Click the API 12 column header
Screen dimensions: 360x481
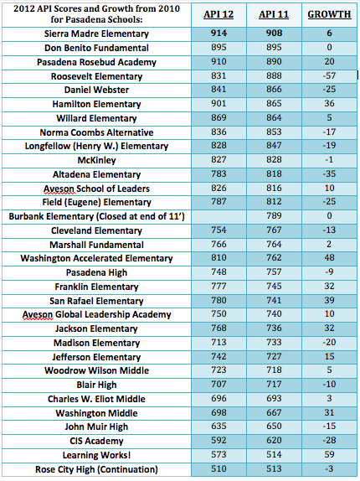point(219,14)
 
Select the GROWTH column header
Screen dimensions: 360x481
point(329,14)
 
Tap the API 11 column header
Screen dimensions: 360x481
point(274,14)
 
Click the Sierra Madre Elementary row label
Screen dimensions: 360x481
point(96,34)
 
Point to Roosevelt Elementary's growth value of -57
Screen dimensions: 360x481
point(329,75)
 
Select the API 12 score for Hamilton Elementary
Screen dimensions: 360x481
point(219,104)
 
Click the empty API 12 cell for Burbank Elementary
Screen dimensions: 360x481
point(219,216)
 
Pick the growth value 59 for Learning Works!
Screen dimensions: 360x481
point(329,454)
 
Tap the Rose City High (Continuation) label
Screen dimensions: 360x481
point(96,469)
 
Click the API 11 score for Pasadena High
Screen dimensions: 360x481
point(274,272)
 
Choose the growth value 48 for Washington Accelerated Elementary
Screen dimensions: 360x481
point(329,258)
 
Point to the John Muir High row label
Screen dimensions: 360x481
point(96,427)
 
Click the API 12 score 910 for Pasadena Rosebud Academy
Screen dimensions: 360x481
point(219,62)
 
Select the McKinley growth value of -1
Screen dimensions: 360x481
point(329,160)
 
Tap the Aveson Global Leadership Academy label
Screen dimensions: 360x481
point(96,315)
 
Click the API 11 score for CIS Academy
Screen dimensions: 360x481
point(274,441)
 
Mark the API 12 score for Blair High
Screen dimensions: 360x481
point(219,385)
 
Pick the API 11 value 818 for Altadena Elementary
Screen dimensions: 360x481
point(274,174)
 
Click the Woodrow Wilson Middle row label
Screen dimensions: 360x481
point(96,370)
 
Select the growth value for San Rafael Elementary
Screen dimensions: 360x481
point(329,300)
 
